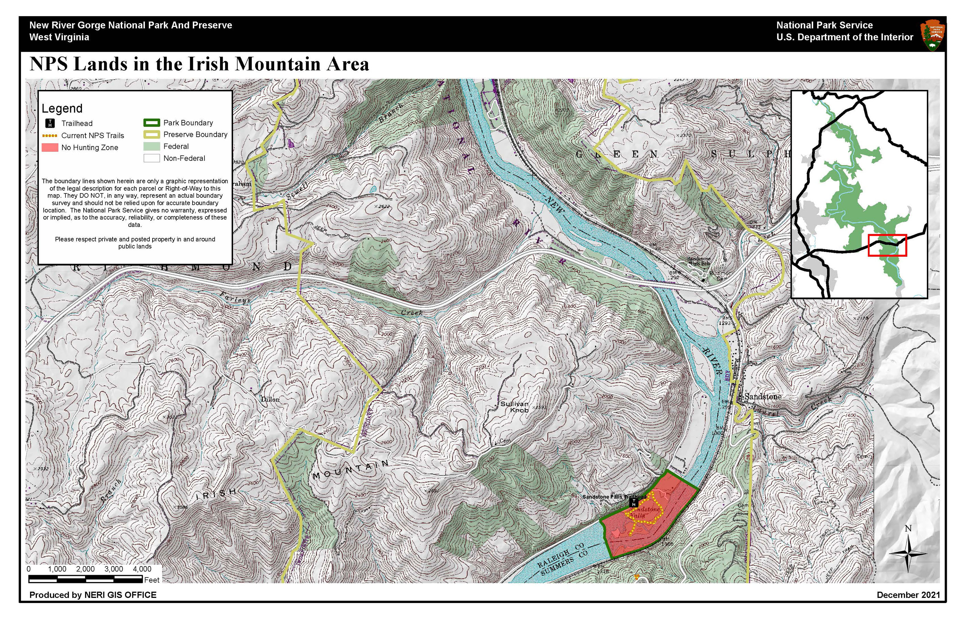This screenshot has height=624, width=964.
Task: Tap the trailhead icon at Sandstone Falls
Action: coord(633,503)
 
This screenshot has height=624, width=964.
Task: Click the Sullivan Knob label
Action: coord(514,407)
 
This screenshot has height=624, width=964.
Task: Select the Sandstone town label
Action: coord(763,397)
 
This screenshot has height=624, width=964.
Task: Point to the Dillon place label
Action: coord(270,399)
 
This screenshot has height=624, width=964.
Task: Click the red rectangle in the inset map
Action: coord(887,245)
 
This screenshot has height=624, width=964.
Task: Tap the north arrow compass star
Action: coord(908,553)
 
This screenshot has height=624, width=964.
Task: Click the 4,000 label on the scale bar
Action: coord(142,569)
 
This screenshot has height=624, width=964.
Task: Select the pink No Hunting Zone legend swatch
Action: coord(50,147)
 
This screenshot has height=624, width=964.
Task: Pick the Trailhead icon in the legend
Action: coord(50,123)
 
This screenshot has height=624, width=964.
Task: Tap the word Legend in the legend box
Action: coord(62,108)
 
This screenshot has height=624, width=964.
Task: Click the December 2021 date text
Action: coord(908,595)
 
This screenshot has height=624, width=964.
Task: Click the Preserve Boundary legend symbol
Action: coord(151,135)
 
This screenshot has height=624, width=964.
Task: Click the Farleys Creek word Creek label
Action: coord(411,313)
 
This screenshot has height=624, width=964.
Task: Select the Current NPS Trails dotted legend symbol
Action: coord(50,135)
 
